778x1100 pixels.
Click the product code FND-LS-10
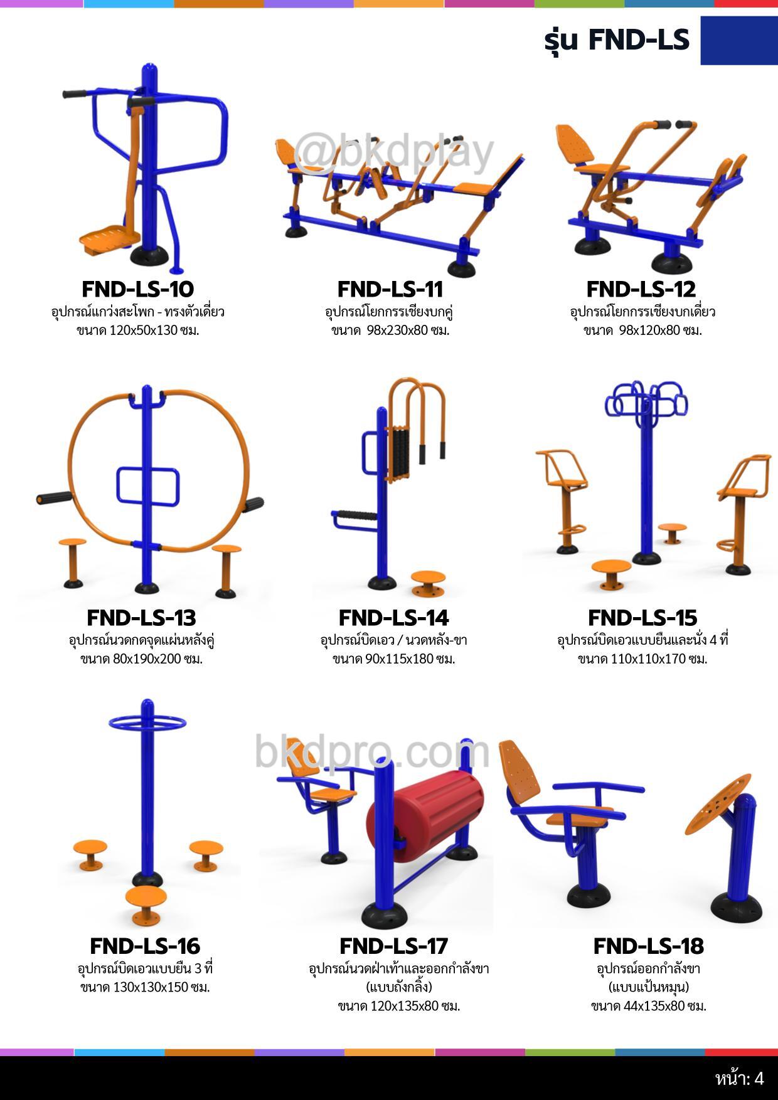tap(137, 289)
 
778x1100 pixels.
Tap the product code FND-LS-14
tap(393, 618)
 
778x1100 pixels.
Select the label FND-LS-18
tap(648, 946)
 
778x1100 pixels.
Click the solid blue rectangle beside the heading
tap(739, 40)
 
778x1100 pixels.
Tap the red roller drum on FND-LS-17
tap(425, 809)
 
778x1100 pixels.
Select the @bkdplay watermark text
tap(393, 152)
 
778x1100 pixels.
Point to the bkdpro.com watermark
tap(371, 751)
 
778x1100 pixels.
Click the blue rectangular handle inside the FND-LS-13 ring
tap(148, 487)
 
